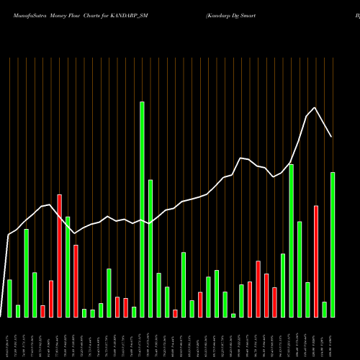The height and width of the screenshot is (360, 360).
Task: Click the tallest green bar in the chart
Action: (x=142, y=209)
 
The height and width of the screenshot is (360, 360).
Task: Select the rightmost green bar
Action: (x=333, y=245)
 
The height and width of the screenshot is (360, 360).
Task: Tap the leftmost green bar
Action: (x=9, y=298)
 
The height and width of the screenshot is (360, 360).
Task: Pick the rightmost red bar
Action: (x=316, y=261)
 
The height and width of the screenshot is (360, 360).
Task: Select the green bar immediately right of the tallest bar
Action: (x=150, y=248)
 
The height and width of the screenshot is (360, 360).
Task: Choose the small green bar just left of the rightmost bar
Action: (x=324, y=310)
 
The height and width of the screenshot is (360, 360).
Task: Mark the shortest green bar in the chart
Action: (x=233, y=315)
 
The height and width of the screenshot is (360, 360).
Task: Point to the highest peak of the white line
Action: (x=315, y=107)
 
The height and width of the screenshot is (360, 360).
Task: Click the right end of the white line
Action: (x=332, y=137)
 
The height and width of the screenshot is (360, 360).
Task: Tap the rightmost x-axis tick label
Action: (x=333, y=338)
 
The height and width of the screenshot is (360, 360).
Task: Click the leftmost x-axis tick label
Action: (x=9, y=338)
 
